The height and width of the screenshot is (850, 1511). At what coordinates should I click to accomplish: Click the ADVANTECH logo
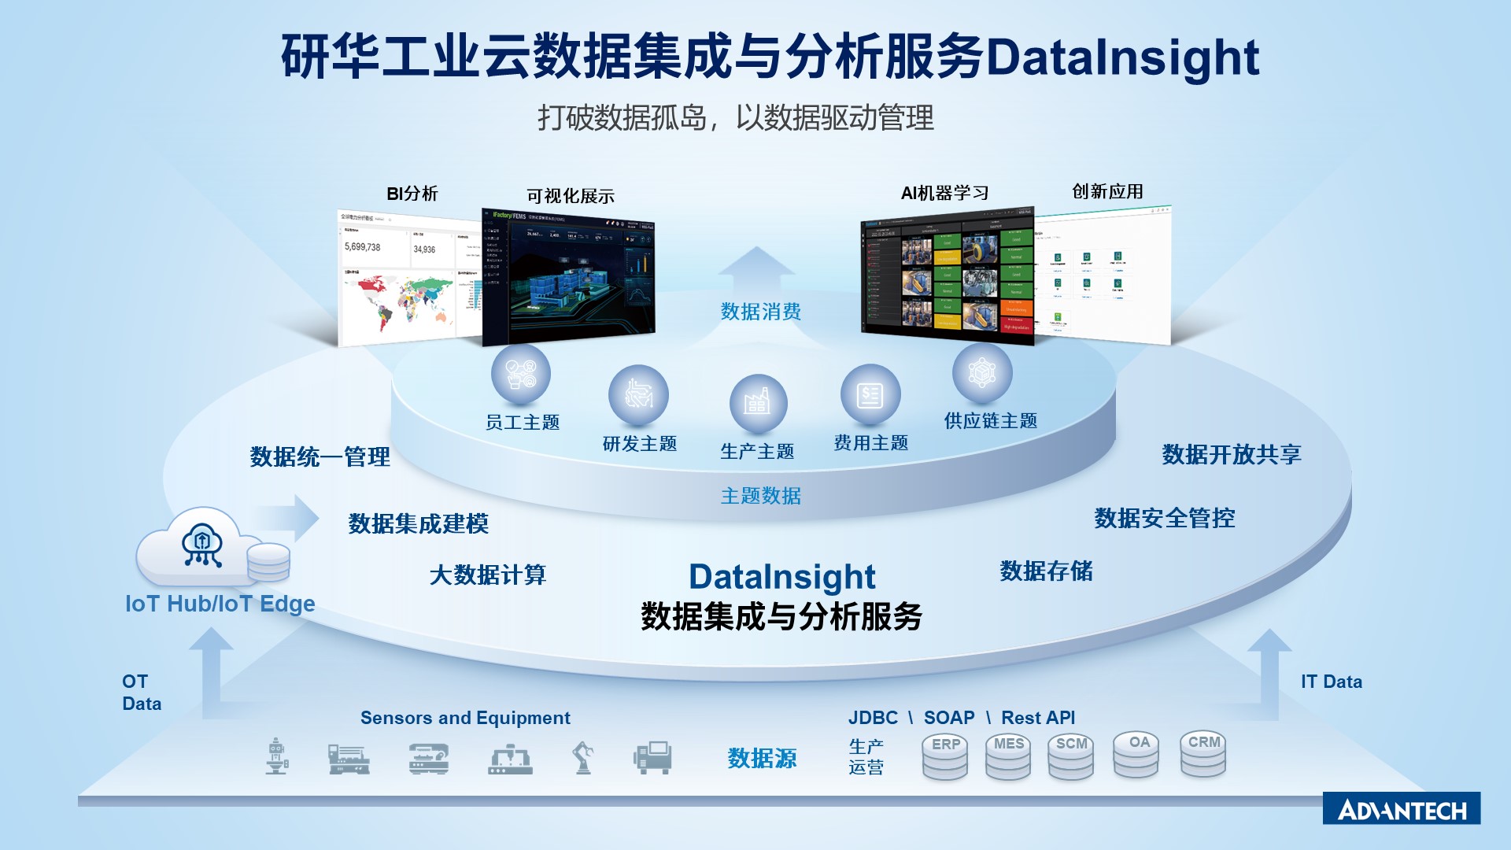(x=1401, y=809)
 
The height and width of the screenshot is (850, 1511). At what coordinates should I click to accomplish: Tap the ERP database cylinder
(x=944, y=757)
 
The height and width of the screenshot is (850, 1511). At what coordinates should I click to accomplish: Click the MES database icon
(x=1007, y=757)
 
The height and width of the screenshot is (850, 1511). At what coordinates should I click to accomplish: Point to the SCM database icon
(x=1070, y=757)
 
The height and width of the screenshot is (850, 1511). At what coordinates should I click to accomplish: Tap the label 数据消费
(x=760, y=312)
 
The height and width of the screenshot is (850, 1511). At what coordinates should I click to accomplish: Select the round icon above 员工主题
(x=520, y=374)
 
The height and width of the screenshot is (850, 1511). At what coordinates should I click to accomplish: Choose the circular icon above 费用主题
(x=870, y=394)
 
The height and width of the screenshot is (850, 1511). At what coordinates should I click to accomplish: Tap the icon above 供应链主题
(x=981, y=372)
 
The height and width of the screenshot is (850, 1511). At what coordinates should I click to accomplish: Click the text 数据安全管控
(x=1164, y=518)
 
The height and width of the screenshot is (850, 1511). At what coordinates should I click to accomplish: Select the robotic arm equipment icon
(x=582, y=758)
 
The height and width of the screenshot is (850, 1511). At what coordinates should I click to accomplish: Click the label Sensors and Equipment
(x=465, y=718)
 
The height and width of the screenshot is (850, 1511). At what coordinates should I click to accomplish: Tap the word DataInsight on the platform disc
(x=781, y=576)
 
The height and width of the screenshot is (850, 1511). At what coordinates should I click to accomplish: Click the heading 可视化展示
(x=570, y=196)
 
